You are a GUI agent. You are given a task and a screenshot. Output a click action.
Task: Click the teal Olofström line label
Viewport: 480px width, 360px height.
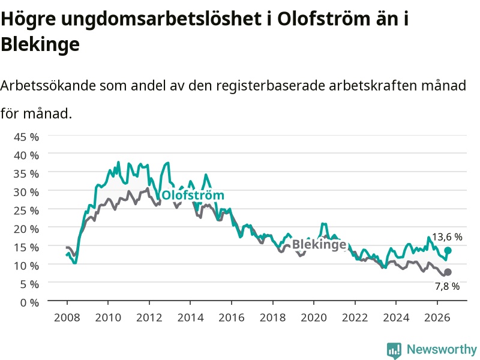click(193, 195)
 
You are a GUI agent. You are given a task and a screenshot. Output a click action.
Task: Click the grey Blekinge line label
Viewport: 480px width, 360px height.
click(319, 244)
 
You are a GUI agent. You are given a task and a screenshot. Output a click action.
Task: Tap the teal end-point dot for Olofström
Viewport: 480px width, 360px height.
click(448, 250)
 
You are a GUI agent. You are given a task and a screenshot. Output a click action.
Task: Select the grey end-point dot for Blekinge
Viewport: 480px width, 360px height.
click(448, 272)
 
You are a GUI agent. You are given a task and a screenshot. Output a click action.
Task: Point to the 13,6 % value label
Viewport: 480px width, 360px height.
click(447, 237)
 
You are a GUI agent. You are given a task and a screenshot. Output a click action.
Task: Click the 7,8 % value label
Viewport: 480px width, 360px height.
click(447, 286)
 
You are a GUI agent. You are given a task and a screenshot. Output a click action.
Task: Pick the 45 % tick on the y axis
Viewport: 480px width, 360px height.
click(26, 137)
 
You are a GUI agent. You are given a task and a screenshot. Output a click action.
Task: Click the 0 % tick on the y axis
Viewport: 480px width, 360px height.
click(29, 303)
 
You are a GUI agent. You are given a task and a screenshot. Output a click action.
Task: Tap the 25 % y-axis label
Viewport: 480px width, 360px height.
click(26, 211)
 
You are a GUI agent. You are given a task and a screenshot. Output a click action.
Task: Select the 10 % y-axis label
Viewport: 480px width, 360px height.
click(26, 266)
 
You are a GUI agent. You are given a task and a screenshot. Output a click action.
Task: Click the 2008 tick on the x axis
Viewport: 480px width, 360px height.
click(67, 317)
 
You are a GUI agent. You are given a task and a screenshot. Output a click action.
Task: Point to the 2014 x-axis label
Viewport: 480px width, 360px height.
click(190, 317)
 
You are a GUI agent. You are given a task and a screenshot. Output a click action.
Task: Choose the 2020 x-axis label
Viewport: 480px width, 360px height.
click(314, 317)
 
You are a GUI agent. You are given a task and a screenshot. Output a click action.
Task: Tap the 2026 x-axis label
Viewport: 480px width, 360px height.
click(437, 317)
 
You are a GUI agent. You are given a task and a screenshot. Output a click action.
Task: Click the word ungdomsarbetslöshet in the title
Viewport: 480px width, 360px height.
click(161, 19)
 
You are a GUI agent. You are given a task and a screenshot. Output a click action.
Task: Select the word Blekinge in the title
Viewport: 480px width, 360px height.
click(40, 44)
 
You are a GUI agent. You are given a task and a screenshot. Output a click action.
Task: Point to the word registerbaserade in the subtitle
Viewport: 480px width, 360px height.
click(269, 86)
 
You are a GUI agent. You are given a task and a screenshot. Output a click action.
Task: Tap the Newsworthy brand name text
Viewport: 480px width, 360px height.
click(442, 349)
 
